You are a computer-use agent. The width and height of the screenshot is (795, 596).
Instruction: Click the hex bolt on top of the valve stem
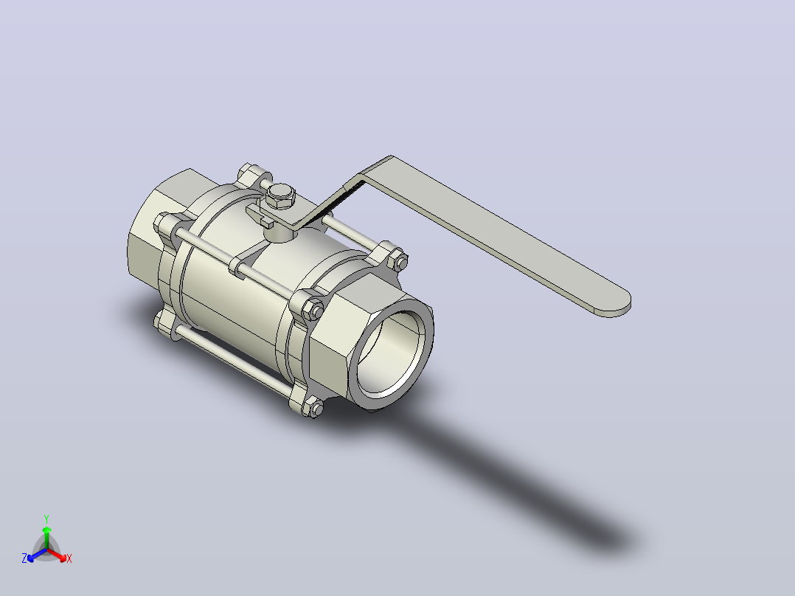[281, 195]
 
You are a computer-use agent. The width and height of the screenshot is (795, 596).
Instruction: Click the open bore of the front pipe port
[390, 353]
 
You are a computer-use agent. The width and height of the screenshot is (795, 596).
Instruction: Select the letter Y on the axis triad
[46, 519]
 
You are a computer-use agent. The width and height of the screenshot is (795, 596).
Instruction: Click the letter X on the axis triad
[69, 558]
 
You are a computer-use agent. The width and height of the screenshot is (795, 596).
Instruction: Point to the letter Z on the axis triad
[24, 558]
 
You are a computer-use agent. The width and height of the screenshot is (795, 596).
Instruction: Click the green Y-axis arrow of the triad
[46, 537]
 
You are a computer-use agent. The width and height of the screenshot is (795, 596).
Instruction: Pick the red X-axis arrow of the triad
[57, 555]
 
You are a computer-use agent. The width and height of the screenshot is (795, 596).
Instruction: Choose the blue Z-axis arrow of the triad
[37, 555]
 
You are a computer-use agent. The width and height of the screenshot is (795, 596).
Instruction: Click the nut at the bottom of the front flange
[315, 408]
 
